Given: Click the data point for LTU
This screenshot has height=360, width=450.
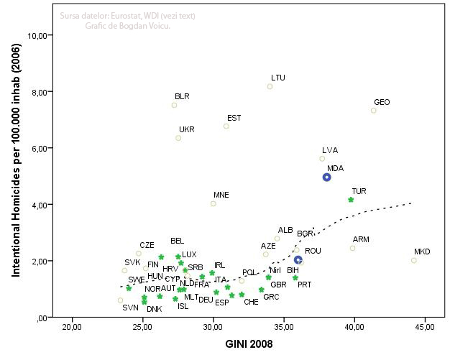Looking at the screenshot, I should tap(270, 87).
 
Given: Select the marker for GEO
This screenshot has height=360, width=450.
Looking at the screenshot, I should tap(374, 110).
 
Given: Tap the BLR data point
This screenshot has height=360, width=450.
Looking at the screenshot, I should tap(174, 105).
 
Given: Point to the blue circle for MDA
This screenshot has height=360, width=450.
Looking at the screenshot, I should tap(326, 177).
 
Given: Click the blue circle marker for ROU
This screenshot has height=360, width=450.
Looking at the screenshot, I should tap(298, 260).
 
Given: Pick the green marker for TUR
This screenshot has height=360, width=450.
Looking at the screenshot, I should tap(351, 200).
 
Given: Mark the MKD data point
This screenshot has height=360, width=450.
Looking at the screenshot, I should tap(414, 260).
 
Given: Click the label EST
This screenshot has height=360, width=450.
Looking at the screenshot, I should tap(234, 118).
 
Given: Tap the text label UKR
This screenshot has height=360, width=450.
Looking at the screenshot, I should tap(186, 130).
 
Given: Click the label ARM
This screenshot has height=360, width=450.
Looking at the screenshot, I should tap(361, 239).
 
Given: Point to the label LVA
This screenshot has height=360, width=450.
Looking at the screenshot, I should tap(330, 150).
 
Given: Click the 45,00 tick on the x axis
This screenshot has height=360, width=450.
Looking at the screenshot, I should tap(424, 328).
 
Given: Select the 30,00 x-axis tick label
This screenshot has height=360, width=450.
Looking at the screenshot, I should tap(213, 328).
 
